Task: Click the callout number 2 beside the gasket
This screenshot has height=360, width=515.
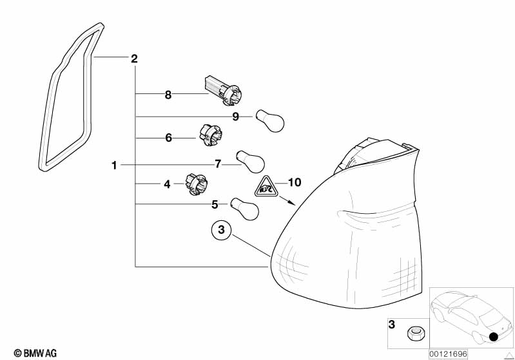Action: pos(134,59)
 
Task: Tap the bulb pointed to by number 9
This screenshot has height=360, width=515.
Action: pos(270,120)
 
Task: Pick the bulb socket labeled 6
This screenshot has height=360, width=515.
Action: pos(211,134)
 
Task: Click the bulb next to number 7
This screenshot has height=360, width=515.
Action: pos(250,162)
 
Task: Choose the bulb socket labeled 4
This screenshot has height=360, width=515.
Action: pos(197,184)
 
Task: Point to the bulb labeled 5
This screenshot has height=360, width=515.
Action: pos(245,209)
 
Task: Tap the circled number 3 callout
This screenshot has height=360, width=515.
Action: pos(221,229)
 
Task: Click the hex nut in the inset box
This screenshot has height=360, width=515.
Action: pos(414,334)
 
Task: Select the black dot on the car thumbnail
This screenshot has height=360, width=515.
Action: pos(493,337)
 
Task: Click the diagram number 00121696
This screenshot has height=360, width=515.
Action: pos(448,354)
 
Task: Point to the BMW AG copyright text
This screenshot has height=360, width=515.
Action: pos(35,354)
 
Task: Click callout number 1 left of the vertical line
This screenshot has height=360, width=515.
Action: pos(114,165)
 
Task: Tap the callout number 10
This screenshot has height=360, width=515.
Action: pos(295,182)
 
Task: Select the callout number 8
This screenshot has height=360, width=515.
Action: pos(168,95)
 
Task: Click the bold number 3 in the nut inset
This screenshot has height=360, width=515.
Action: pos(391,325)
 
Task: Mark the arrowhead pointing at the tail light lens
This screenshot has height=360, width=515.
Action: pos(291,202)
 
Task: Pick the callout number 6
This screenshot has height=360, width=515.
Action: pos(168,138)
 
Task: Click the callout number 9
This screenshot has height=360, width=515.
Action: pos(235,117)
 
